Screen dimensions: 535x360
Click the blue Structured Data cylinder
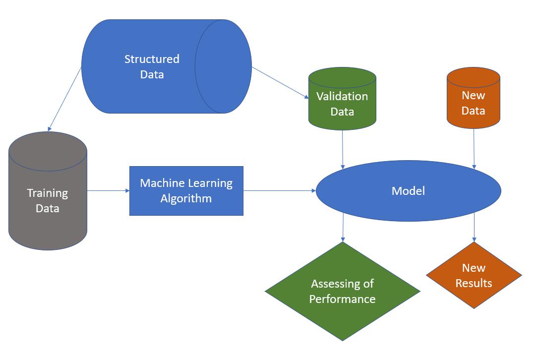pos(167,66)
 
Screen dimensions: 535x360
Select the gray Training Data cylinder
pos(48,191)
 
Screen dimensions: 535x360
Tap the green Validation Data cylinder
pos(342,99)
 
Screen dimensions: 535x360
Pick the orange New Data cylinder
pos(473,98)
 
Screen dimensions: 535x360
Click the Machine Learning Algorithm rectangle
pos(186,191)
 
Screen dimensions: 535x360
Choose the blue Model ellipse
pos(409,191)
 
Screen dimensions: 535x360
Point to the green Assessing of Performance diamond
pos(343,292)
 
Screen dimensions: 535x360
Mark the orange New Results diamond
pos(474,275)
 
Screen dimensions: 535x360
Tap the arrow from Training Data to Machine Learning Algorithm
pos(109,191)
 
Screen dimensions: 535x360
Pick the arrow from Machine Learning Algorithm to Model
pos(280,191)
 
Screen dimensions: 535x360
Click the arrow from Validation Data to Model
pos(343,149)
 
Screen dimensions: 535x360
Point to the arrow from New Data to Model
pos(474,149)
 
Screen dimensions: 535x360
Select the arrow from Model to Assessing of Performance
pos(343,228)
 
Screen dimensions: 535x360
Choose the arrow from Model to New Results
pos(475,227)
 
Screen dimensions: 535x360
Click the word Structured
pos(152,59)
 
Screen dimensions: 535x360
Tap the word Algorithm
pos(186,199)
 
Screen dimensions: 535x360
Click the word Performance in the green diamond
pos(342,299)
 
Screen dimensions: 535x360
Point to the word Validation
pos(342,96)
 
